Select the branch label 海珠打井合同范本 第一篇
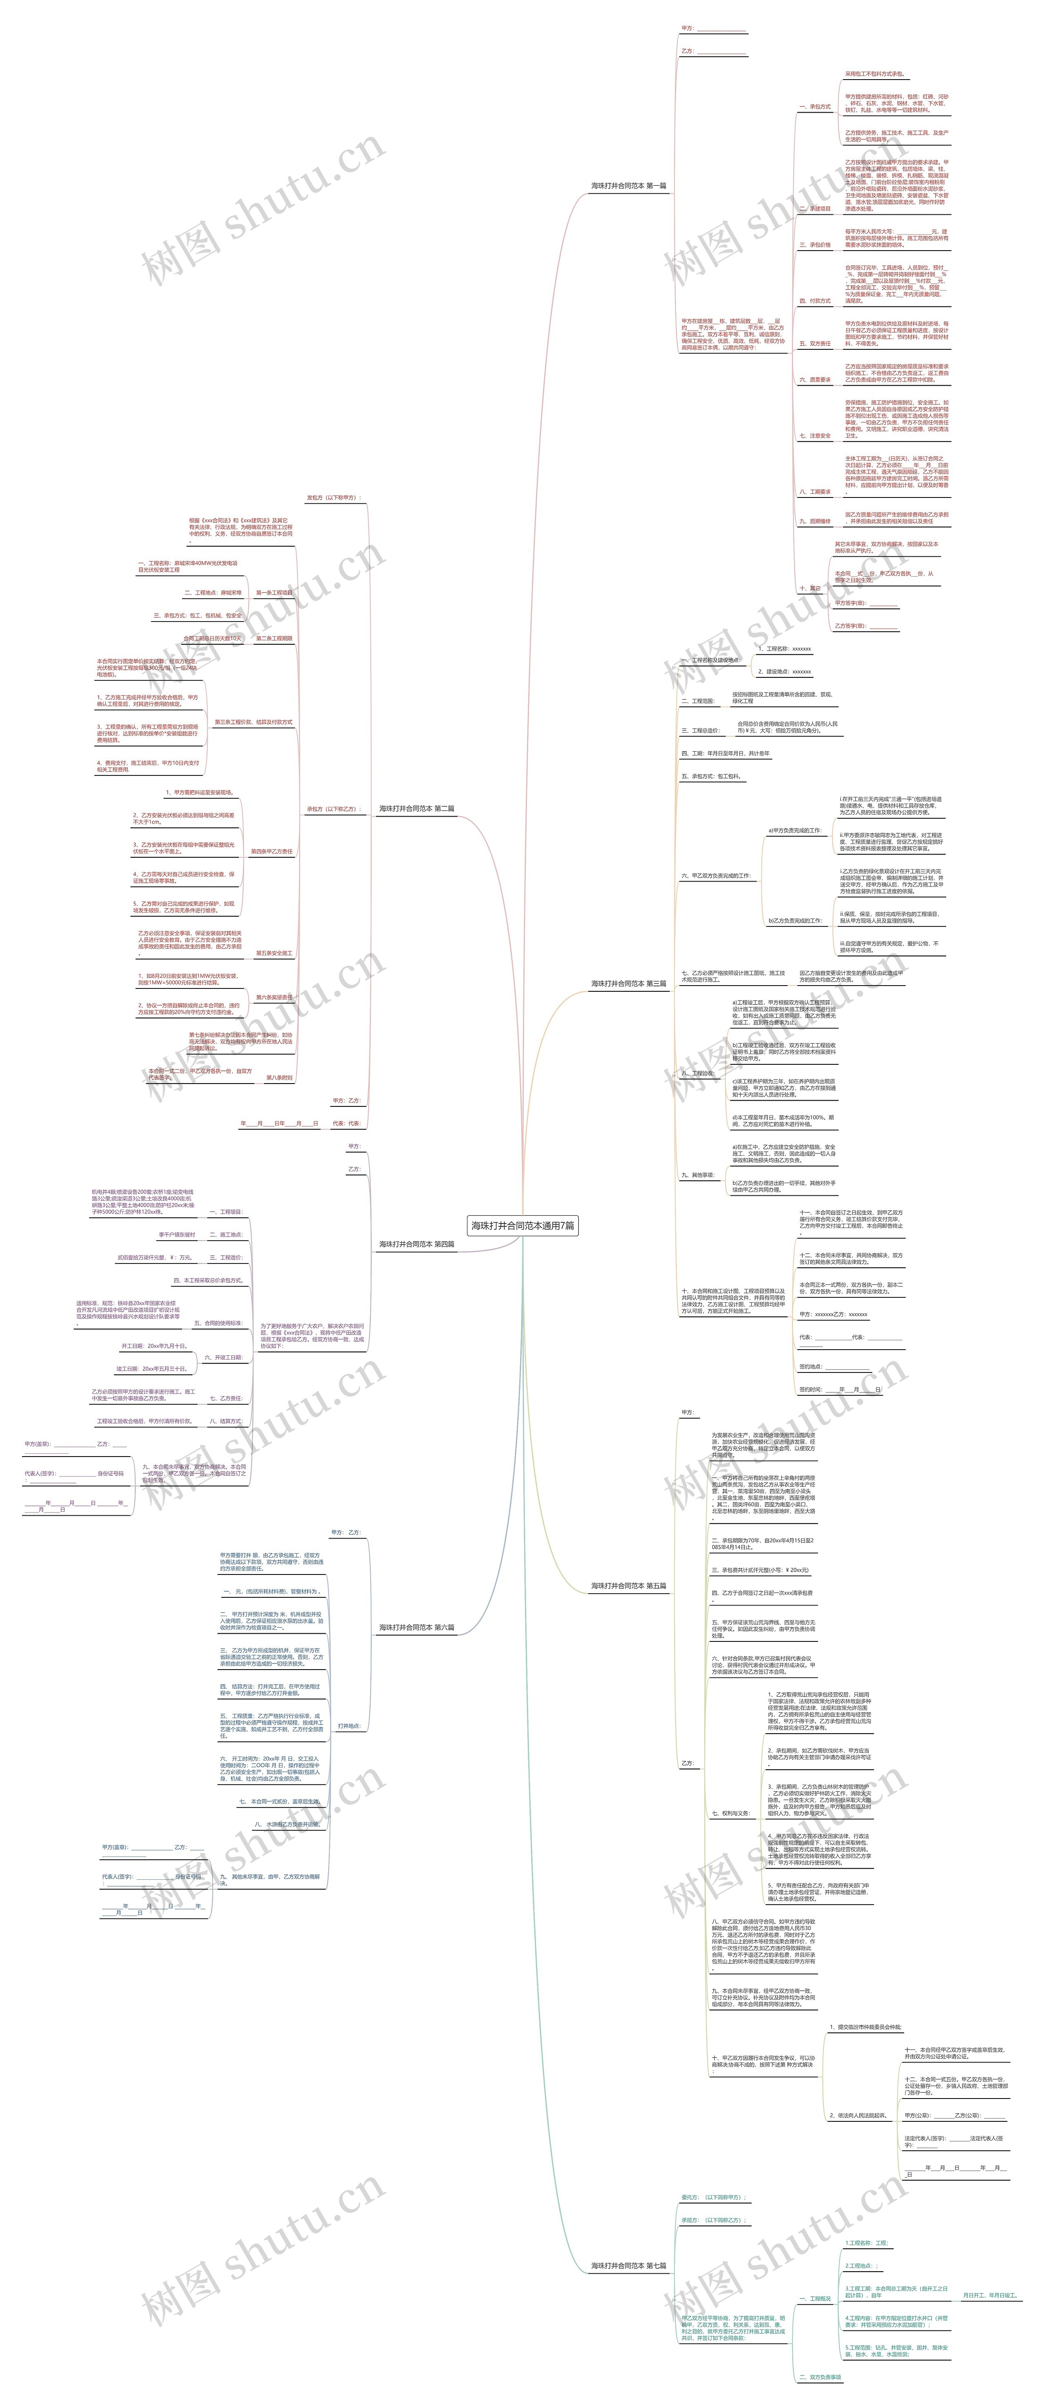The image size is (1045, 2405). (x=629, y=186)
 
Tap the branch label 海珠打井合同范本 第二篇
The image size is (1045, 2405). (x=416, y=808)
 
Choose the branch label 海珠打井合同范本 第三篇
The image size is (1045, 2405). (x=629, y=983)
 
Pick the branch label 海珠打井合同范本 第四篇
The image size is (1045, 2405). (x=416, y=1244)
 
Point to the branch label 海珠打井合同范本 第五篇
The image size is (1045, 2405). (x=629, y=1585)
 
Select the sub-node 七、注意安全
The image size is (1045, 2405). (x=814, y=436)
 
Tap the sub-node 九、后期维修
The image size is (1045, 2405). (x=814, y=521)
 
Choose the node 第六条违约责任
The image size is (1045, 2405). (x=273, y=997)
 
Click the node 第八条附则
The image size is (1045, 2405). (x=278, y=1077)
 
